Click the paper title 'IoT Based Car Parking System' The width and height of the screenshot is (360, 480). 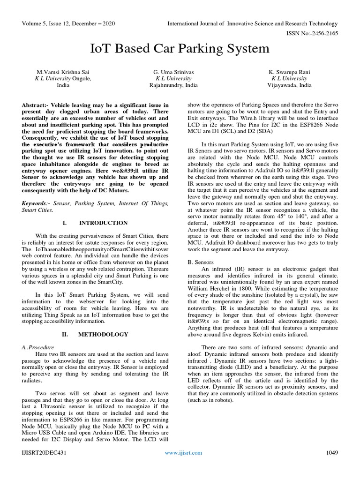[x=180, y=48]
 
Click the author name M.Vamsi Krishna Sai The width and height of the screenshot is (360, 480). [x=63, y=72]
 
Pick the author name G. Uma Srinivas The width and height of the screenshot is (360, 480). [x=173, y=72]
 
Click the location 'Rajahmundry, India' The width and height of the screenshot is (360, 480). [x=173, y=85]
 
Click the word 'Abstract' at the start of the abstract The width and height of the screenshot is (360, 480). [x=35, y=105]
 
